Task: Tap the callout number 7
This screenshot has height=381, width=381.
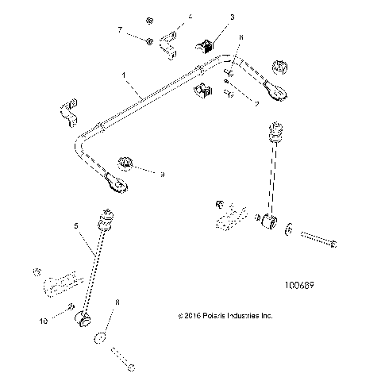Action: [x=120, y=29]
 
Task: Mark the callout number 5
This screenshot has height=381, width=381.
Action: [x=77, y=227]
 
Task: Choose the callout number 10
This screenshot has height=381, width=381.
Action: [x=43, y=321]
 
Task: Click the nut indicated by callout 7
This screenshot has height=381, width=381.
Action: [x=148, y=40]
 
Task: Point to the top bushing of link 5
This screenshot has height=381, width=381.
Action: [x=103, y=217]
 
